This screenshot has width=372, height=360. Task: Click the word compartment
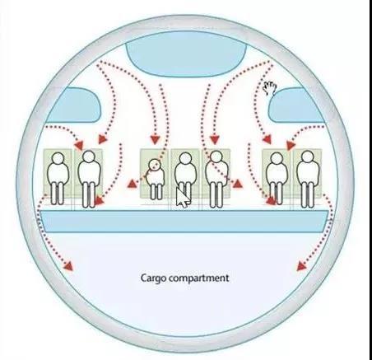199,278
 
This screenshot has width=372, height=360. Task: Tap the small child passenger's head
155,165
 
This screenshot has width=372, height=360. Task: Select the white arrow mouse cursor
183,197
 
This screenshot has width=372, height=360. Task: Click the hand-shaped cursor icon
270,88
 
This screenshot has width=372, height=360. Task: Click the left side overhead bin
73,105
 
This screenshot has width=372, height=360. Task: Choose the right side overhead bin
295,105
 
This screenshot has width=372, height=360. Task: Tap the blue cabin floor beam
184,222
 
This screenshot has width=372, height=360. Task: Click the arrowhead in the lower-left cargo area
68,266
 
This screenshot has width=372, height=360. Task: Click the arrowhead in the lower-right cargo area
301,266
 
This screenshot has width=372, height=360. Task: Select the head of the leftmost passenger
58,159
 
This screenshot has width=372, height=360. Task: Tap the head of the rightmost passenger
307,157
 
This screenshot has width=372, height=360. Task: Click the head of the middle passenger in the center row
185,159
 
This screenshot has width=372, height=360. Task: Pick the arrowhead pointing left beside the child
133,184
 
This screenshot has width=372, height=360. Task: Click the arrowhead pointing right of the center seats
237,184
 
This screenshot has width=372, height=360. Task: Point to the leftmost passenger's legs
58,194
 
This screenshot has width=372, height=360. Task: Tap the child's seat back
154,174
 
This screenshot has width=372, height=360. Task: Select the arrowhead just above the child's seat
156,139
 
